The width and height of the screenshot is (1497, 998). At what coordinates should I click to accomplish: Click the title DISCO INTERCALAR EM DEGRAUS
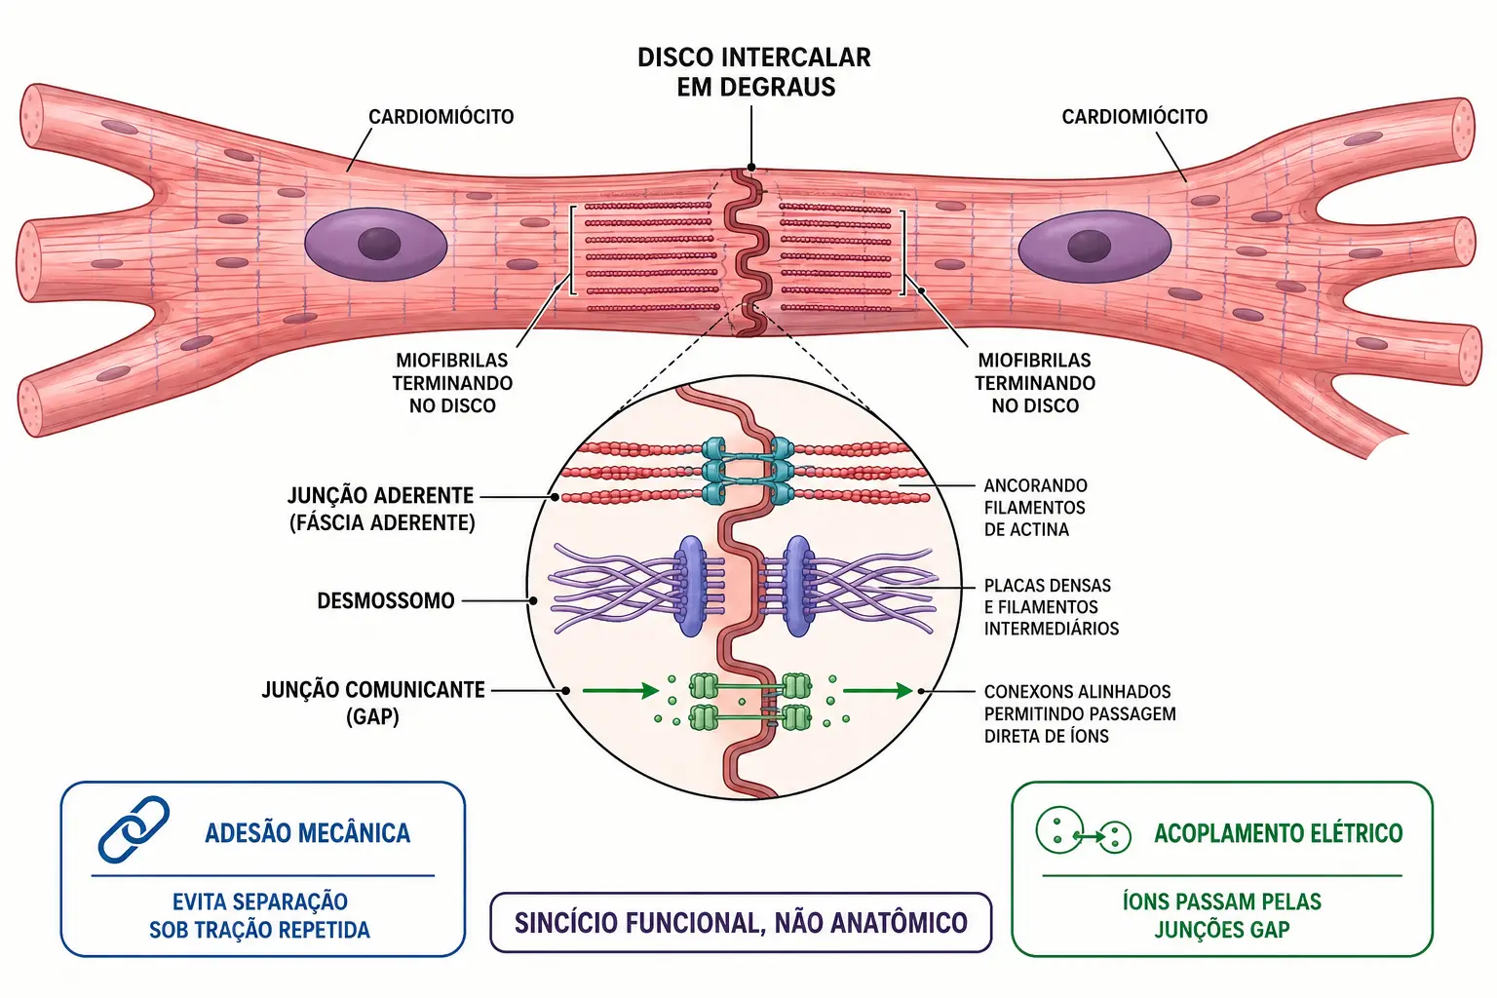[x=754, y=72]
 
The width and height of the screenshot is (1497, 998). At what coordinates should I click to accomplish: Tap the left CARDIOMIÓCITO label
[x=441, y=117]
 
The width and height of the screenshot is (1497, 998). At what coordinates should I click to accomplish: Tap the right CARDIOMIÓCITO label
[x=1134, y=117]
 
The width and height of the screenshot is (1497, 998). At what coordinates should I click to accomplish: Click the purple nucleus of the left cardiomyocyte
[x=376, y=244]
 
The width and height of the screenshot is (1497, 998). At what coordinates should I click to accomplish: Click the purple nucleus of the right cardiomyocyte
[x=1094, y=247]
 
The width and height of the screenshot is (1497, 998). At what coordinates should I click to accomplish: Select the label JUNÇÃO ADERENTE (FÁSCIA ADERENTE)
[x=382, y=509]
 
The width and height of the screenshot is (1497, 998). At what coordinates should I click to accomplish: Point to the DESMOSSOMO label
[x=386, y=601]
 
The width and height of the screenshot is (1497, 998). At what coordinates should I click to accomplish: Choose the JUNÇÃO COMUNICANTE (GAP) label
[x=373, y=703]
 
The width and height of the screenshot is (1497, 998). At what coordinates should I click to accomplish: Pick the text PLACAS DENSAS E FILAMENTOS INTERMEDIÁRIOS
[x=1052, y=607]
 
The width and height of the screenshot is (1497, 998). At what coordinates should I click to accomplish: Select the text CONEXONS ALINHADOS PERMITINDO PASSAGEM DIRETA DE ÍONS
[x=1080, y=714]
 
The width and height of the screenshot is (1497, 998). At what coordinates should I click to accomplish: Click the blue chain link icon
[x=134, y=828]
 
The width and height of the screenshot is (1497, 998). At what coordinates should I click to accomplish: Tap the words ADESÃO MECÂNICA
[x=307, y=833]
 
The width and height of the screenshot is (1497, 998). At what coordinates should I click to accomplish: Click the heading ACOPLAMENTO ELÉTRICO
[x=1279, y=833]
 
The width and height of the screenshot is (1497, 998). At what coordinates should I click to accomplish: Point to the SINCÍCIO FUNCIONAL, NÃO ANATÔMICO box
[x=741, y=922]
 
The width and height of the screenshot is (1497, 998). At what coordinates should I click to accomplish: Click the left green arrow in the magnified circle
[x=621, y=691]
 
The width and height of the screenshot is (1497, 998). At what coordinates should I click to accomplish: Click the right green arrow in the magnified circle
[x=877, y=691]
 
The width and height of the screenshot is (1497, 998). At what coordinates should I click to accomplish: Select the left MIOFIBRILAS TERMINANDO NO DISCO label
[x=452, y=383]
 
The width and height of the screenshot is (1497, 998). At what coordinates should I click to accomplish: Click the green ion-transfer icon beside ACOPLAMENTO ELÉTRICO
[x=1083, y=832]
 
